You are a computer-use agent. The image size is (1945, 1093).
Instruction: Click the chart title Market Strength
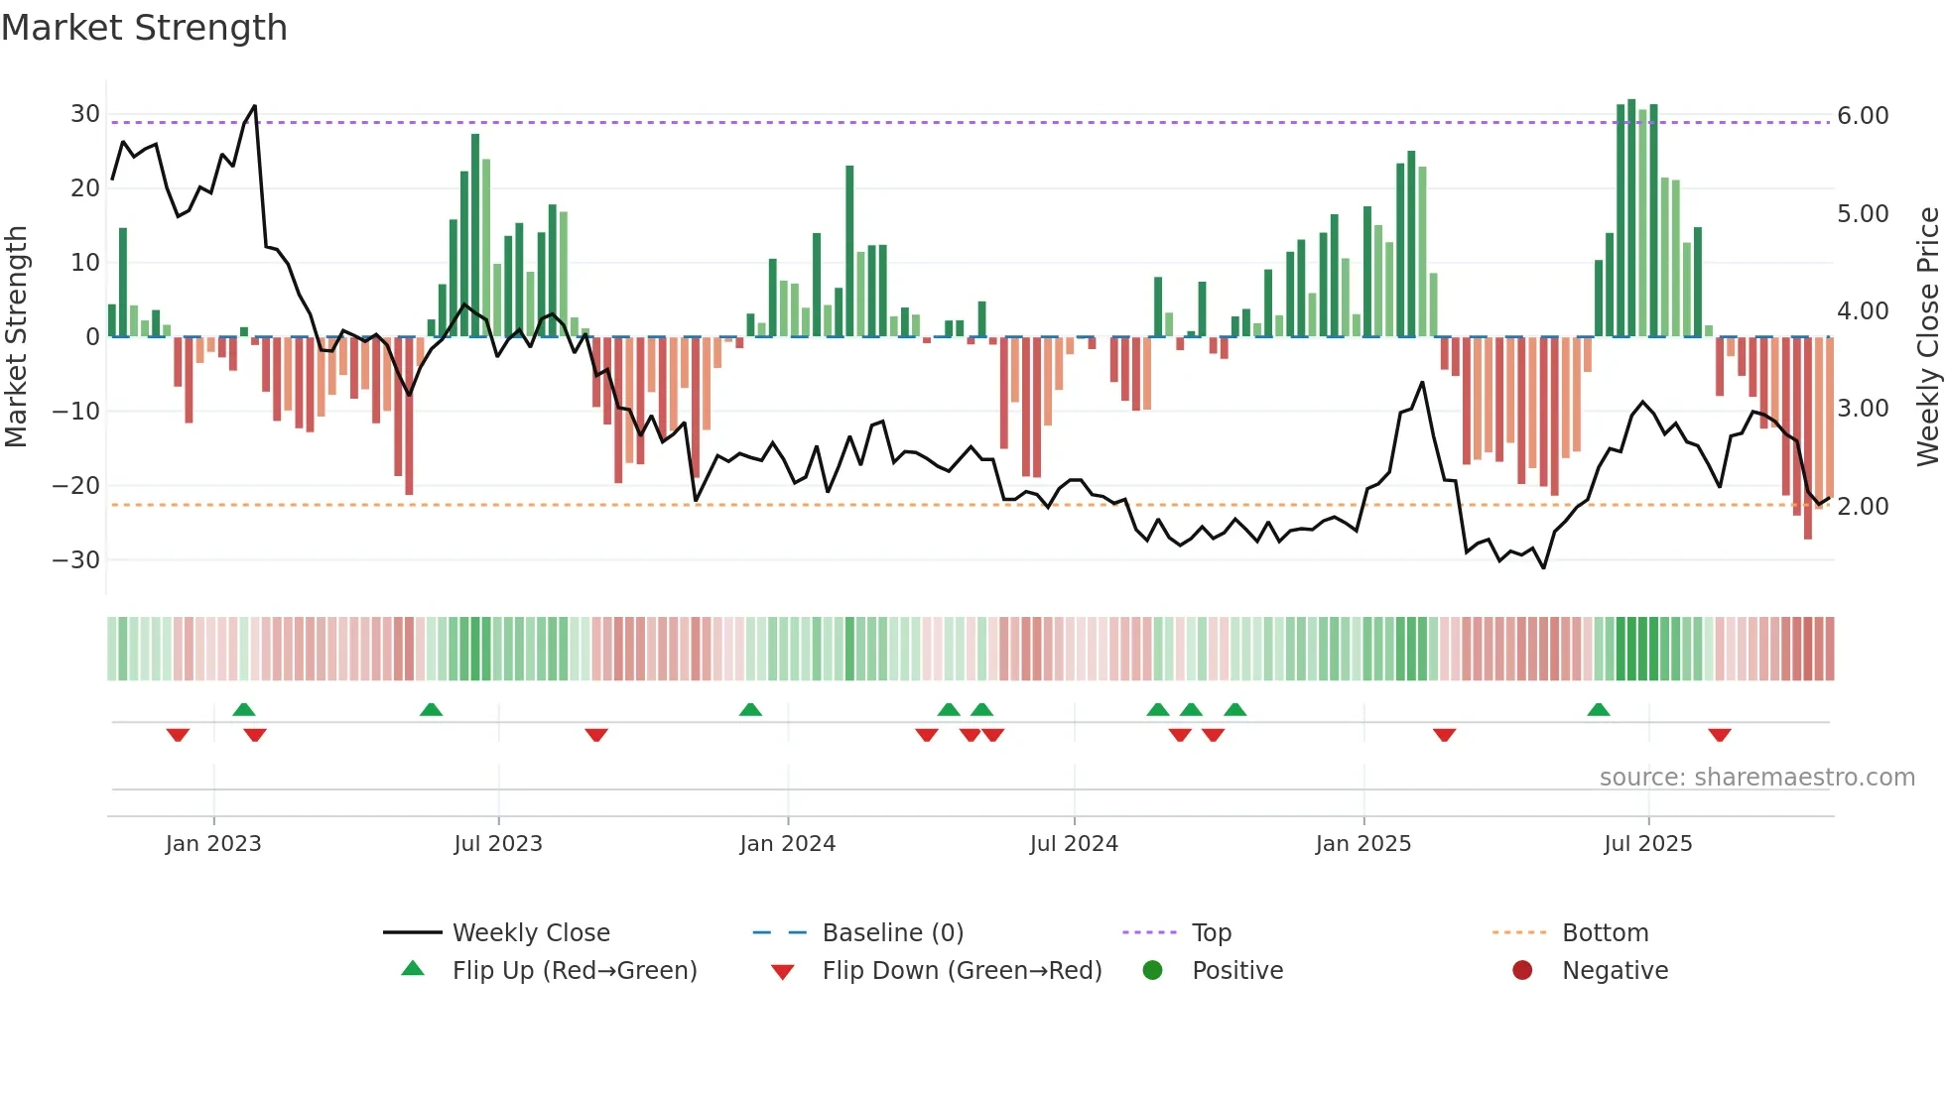pyautogui.click(x=144, y=28)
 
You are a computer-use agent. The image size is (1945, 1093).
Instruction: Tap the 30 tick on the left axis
pyautogui.click(x=84, y=114)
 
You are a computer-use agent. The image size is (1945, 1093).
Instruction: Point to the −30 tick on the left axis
pyautogui.click(x=76, y=560)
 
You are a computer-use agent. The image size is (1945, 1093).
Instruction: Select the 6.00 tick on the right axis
pyautogui.click(x=1863, y=116)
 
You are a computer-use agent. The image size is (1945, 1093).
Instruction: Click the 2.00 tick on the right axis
pyautogui.click(x=1863, y=507)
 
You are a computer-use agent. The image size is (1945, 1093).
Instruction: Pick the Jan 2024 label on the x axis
pyautogui.click(x=787, y=844)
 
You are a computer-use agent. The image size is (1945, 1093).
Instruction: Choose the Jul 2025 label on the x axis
pyautogui.click(x=1647, y=844)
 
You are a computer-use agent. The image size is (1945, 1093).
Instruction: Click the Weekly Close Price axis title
pyautogui.click(x=1927, y=336)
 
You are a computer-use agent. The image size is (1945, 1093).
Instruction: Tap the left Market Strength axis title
pyautogui.click(x=16, y=336)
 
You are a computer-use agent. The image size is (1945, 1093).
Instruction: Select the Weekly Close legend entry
pyautogui.click(x=530, y=933)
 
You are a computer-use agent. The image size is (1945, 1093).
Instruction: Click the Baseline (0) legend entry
pyautogui.click(x=892, y=933)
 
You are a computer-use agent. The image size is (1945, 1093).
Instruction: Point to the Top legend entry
pyautogui.click(x=1211, y=933)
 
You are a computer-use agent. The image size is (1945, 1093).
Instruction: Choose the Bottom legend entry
pyautogui.click(x=1605, y=933)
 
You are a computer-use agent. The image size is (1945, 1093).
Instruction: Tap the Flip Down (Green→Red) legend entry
pyautogui.click(x=961, y=971)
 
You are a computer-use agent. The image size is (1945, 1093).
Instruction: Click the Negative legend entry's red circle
pyautogui.click(x=1521, y=970)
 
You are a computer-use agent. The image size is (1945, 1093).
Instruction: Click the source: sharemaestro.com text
pyautogui.click(x=1756, y=778)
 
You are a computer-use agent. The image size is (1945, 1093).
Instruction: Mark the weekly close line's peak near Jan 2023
pyautogui.click(x=255, y=106)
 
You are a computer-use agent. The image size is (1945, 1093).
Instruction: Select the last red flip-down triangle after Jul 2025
pyautogui.click(x=1720, y=735)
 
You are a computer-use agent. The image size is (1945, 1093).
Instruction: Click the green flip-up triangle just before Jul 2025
pyautogui.click(x=1598, y=709)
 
